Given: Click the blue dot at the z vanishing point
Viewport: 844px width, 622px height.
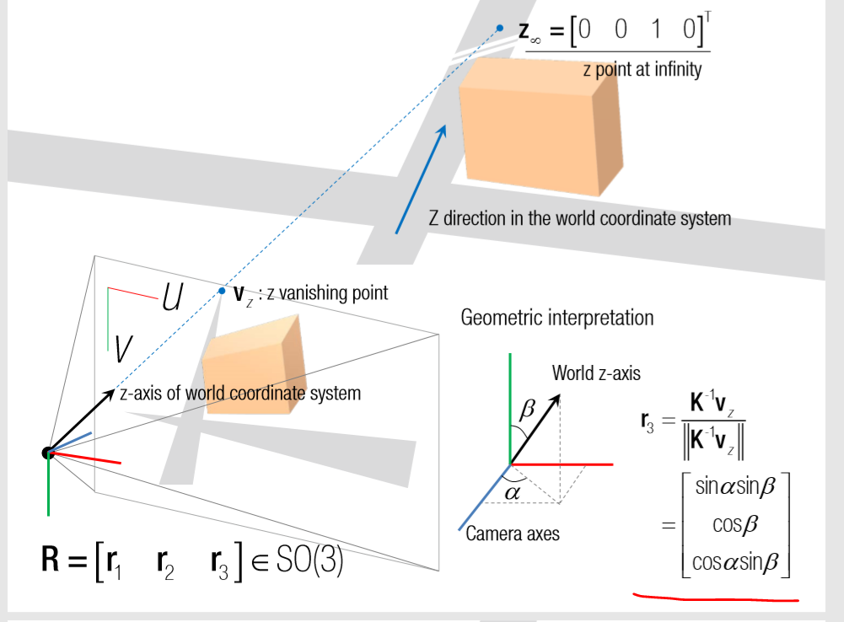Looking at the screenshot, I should (222, 291).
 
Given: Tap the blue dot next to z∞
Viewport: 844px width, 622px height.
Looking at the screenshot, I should (500, 29).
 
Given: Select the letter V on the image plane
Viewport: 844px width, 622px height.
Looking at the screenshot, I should (124, 346).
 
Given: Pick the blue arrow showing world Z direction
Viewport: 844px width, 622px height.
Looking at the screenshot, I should (420, 179).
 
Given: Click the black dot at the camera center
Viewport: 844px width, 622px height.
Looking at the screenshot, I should (47, 453).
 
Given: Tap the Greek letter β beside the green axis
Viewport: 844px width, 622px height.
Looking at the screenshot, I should (529, 410).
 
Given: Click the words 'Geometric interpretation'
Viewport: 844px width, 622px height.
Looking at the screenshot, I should (556, 318).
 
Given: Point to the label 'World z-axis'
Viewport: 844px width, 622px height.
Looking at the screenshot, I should (596, 373).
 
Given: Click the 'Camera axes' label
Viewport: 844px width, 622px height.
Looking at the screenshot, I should (513, 533).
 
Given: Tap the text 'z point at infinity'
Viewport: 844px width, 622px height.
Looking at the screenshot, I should (642, 70).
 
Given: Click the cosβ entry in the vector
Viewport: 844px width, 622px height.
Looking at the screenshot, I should (735, 524).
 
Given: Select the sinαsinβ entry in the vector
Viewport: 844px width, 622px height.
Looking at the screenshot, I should (734, 486).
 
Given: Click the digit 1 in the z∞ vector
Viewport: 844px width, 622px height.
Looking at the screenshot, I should (655, 30).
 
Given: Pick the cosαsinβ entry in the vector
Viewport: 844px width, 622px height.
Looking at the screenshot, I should (734, 562).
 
